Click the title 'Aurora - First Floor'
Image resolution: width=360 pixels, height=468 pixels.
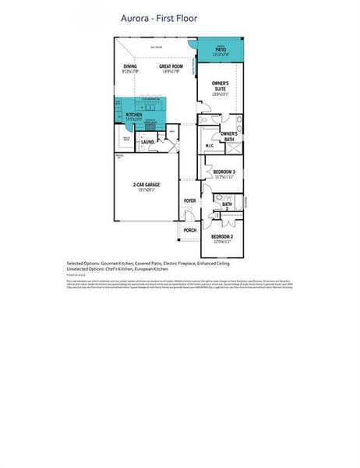pos(159,17)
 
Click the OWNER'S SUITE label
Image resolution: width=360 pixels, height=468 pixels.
pos(221,86)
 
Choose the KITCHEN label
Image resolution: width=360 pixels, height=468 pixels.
pos(134,115)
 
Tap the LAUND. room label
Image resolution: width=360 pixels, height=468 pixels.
pos(147,142)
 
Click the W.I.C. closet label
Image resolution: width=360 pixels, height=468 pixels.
pos(210,145)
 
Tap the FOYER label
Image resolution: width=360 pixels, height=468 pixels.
pos(189,201)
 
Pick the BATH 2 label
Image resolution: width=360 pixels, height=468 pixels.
pos(227,206)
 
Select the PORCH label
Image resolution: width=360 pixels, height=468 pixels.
pos(189,231)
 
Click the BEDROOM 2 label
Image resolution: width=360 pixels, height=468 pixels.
pos(224,236)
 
